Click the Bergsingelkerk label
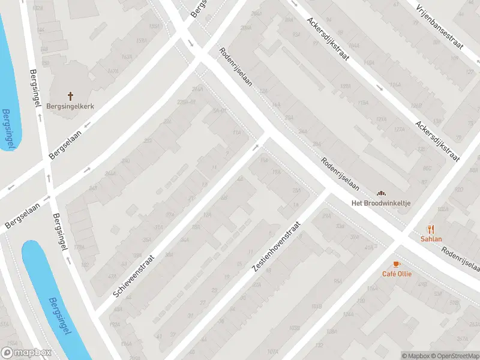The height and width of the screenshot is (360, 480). [x=70, y=106]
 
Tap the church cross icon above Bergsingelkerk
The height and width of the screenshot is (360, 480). [x=70, y=96]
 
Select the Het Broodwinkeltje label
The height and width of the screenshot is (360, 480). [x=381, y=203]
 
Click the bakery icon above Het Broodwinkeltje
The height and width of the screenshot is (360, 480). [x=380, y=193]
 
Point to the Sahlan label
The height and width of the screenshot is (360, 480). [x=431, y=239]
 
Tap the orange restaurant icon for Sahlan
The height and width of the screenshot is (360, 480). [x=431, y=229]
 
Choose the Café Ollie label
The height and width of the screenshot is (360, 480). [x=396, y=274]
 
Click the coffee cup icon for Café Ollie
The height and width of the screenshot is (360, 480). [x=396, y=264]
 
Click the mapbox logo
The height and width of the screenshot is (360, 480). [x=26, y=353]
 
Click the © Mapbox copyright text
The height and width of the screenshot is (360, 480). [x=416, y=356]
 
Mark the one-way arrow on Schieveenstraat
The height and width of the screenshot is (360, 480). [x=256, y=146]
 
